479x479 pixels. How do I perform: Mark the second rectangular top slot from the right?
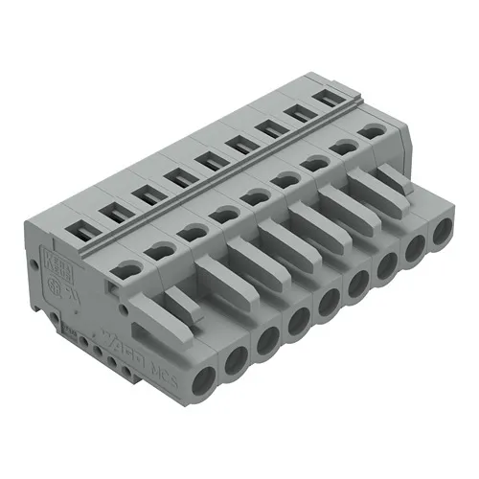click(297, 114)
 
